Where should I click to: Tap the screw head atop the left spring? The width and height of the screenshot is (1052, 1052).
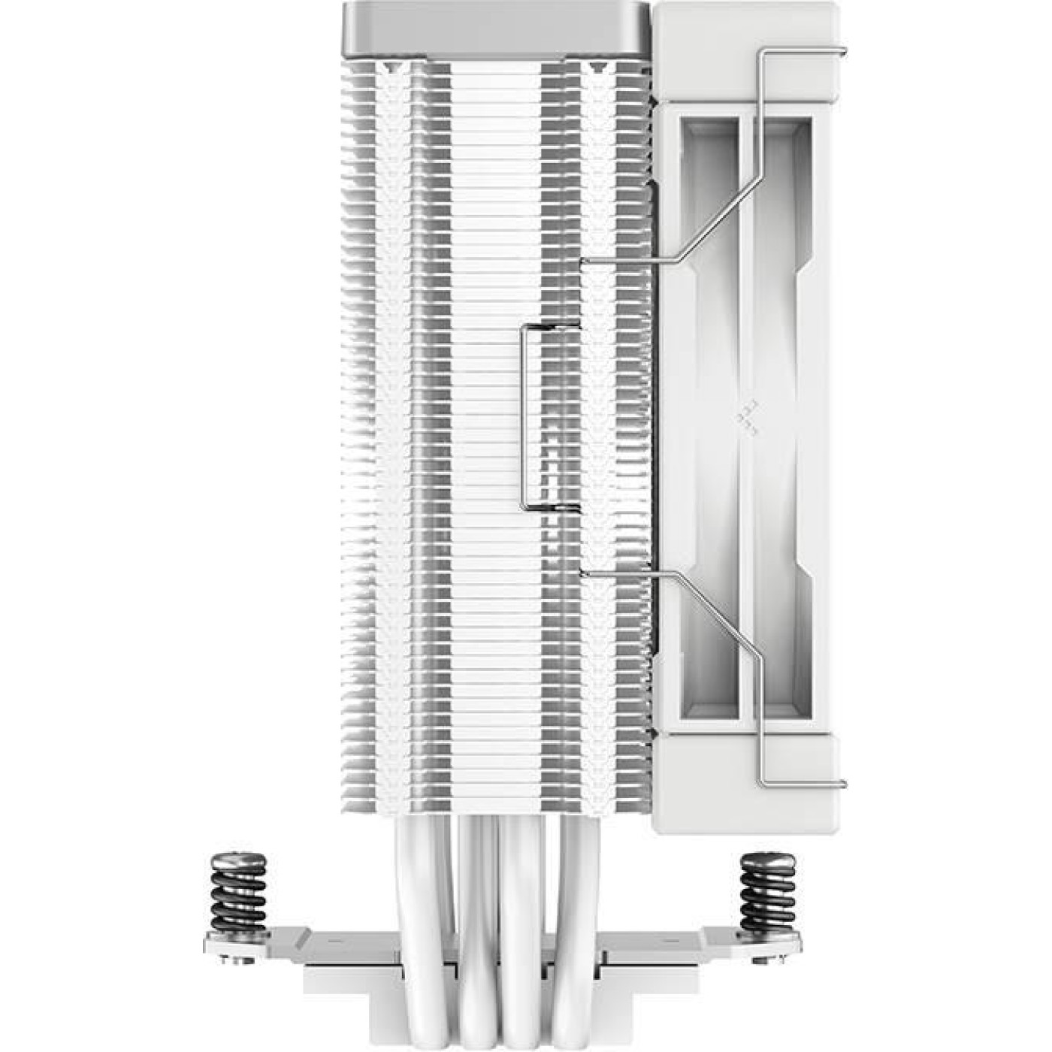pyautogui.click(x=239, y=857)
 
